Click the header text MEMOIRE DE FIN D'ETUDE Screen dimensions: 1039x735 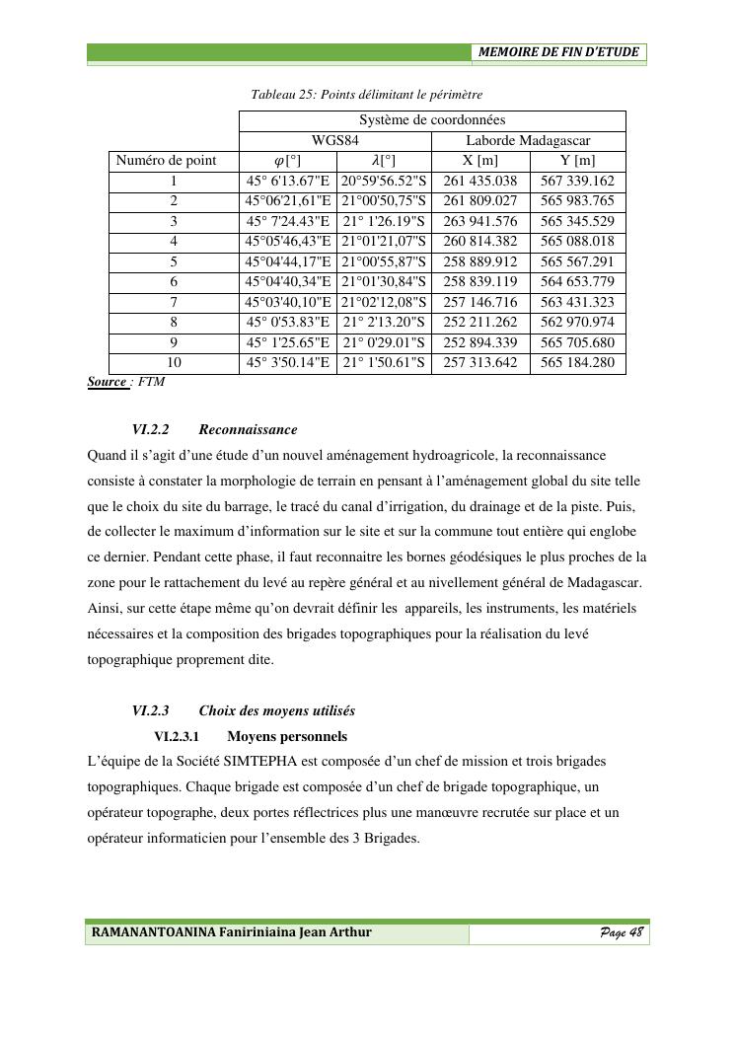[x=558, y=52]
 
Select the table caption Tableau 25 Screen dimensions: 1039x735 [x=366, y=95]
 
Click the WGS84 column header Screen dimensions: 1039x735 [x=335, y=141]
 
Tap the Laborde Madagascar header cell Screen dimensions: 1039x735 [x=528, y=141]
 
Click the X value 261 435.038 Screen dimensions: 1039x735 [x=480, y=182]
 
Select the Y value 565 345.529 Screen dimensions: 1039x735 [x=577, y=222]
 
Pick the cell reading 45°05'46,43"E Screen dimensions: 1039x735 [x=288, y=242]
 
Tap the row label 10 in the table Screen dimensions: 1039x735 [x=174, y=363]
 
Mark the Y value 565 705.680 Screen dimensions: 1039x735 [x=577, y=343]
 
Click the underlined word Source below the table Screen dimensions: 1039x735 [x=107, y=382]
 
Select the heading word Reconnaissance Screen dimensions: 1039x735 [x=248, y=430]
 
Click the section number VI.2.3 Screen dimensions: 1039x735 [x=151, y=710]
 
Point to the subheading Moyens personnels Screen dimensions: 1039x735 [x=286, y=736]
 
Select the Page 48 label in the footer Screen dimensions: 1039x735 [x=622, y=932]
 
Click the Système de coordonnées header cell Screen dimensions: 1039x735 [x=432, y=120]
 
